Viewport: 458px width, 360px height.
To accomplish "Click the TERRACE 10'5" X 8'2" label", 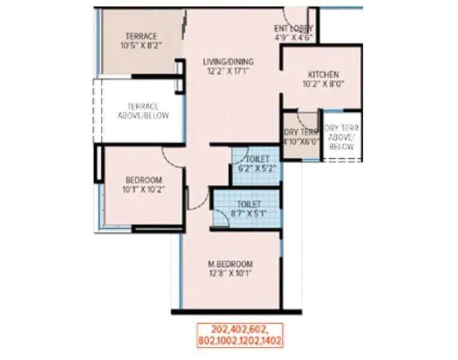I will click(x=141, y=40).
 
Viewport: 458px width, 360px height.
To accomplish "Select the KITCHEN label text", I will click(x=323, y=74).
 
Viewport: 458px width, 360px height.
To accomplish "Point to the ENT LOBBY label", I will click(x=294, y=28).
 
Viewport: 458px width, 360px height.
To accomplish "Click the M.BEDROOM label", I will click(x=231, y=263).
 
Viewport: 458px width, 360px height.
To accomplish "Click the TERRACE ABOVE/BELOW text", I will click(x=143, y=111).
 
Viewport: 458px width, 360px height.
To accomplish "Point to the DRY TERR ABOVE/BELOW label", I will click(x=341, y=137).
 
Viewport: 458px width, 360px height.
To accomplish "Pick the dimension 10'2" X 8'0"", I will click(x=323, y=84).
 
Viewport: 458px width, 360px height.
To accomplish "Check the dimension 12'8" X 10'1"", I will click(x=231, y=273).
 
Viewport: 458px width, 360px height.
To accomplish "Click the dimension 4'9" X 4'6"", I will click(x=294, y=37).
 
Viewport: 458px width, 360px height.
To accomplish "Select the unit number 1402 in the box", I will click(x=269, y=340).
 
